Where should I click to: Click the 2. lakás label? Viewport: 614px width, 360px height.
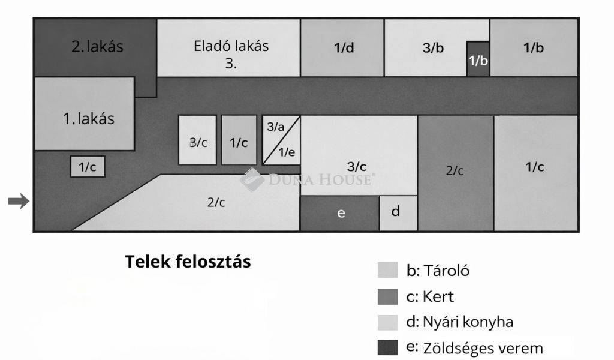tap(97, 47)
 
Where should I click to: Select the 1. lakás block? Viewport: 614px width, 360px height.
tap(85, 113)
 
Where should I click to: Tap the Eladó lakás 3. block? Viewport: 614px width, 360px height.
tap(228, 48)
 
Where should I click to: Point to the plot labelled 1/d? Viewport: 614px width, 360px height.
tap(342, 48)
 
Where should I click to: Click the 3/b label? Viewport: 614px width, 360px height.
tap(433, 48)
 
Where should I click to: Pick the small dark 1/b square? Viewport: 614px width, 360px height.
tap(478, 59)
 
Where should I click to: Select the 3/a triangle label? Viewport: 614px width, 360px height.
tap(276, 127)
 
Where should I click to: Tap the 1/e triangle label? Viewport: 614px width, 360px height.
tap(287, 152)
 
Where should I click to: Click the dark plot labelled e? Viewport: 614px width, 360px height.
tap(339, 213)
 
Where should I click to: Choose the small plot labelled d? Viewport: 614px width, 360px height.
tap(398, 213)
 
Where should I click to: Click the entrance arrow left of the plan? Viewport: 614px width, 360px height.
tap(19, 202)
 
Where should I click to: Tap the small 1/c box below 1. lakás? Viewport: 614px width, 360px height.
tap(88, 167)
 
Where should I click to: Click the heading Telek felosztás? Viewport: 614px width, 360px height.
tap(188, 262)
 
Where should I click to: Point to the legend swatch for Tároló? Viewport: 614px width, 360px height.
tap(388, 270)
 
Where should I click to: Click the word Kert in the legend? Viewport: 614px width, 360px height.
tap(438, 297)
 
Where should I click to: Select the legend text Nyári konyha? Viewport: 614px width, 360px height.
tap(468, 322)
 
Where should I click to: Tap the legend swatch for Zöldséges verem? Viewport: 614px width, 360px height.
tap(388, 347)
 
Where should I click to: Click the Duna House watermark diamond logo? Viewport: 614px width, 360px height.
tap(252, 180)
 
